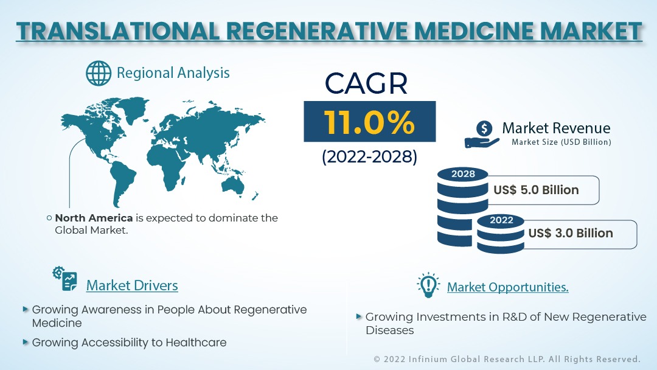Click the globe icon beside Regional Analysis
tap(98, 73)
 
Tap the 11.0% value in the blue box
tap(369, 122)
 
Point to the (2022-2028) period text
tap(369, 157)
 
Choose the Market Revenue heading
tap(555, 128)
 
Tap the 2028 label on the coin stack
tap(462, 174)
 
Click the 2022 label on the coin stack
tap(501, 220)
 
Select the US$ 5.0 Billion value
tap(536, 190)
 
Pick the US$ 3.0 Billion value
tap(571, 233)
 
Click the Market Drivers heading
tap(132, 285)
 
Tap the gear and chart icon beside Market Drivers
tap(65, 279)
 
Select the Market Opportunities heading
tap(507, 287)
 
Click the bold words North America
tap(94, 218)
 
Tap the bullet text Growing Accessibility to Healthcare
tap(129, 343)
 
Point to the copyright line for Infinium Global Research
tap(507, 359)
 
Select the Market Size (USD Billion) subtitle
tap(561, 142)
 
